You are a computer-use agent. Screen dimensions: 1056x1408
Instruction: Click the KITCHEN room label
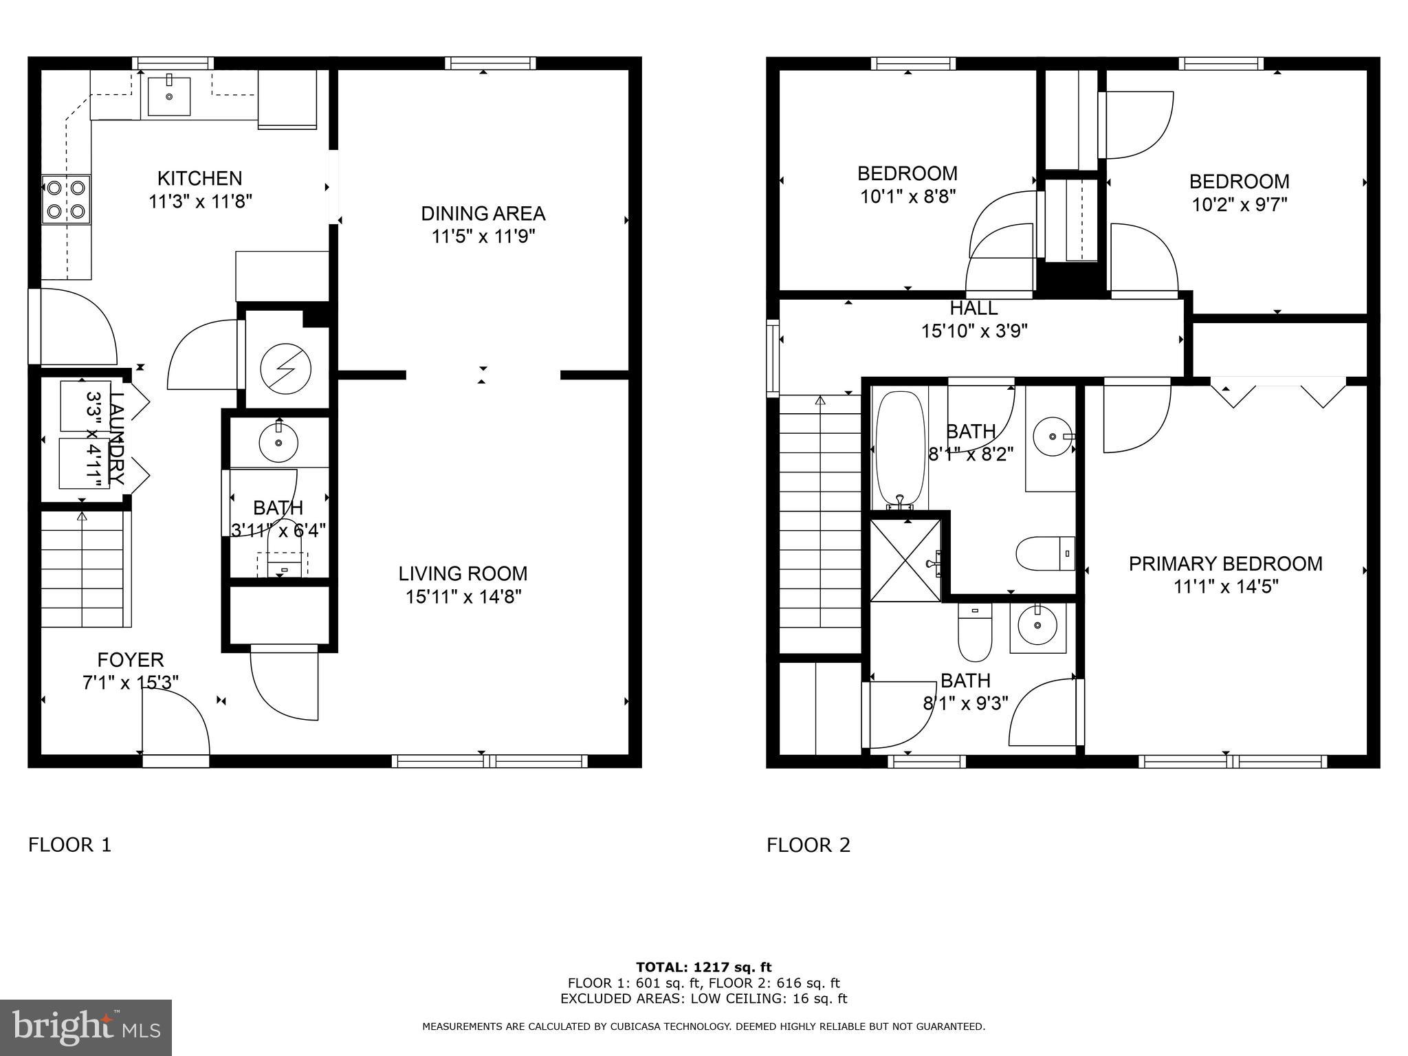tap(199, 179)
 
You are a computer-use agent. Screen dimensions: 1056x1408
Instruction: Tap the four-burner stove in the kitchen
tap(66, 199)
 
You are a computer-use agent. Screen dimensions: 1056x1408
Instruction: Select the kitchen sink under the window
tap(168, 96)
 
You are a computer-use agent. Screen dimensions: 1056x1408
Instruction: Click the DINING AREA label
tap(483, 214)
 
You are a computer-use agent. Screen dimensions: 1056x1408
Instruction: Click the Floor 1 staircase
tap(82, 569)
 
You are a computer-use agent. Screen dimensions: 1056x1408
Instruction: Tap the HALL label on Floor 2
tap(973, 308)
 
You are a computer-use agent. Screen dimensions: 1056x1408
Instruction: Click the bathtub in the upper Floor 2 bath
tap(899, 448)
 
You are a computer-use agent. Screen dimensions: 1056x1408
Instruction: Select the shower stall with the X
tap(905, 560)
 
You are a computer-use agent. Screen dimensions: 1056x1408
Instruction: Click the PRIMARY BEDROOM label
tap(1225, 564)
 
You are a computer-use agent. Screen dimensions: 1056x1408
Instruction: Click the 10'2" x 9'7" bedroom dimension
tap(1239, 205)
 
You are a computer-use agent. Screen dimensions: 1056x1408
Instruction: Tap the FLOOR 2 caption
tap(808, 845)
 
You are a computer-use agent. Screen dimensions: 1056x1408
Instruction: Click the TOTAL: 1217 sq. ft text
tap(703, 967)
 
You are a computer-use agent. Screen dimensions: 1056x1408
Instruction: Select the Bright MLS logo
tap(85, 1027)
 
